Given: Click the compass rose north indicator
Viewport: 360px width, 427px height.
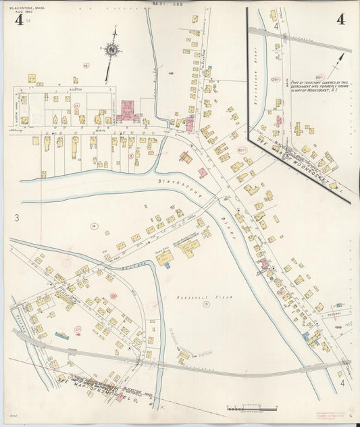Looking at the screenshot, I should click(111, 49).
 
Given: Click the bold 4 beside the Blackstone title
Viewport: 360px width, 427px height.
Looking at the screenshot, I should click(18, 20).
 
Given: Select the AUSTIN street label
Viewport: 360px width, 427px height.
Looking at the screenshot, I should click(62, 88).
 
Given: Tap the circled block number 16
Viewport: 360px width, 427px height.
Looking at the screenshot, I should click(86, 65).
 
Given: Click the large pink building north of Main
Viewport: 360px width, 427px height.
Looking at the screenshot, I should click(127, 111).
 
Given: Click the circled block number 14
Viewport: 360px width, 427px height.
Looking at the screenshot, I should click(95, 226).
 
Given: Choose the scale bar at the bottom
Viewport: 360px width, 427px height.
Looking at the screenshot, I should click(252, 409).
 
